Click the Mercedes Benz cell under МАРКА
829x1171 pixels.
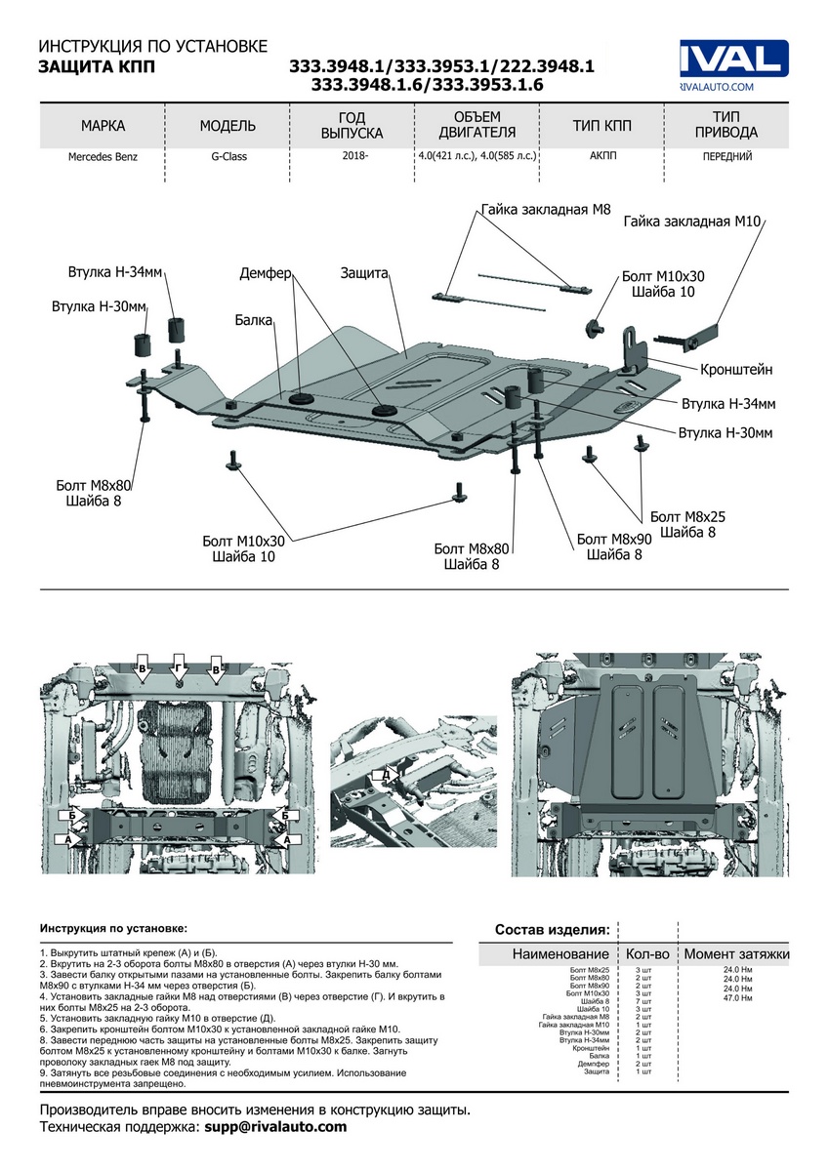pyautogui.click(x=103, y=156)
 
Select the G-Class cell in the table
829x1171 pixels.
pyautogui.click(x=228, y=156)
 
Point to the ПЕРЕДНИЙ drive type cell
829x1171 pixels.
pyautogui.click(x=726, y=156)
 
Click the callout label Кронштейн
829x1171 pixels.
pyautogui.click(x=736, y=370)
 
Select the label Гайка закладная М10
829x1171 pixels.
pyautogui.click(x=692, y=222)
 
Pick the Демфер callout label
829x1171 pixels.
pyautogui.click(x=266, y=274)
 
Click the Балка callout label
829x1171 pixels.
pyautogui.click(x=253, y=318)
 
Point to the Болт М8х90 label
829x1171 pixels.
pyautogui.click(x=613, y=539)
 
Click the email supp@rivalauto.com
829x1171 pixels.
pyautogui.click(x=274, y=1127)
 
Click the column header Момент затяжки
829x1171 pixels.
pyautogui.click(x=736, y=953)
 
